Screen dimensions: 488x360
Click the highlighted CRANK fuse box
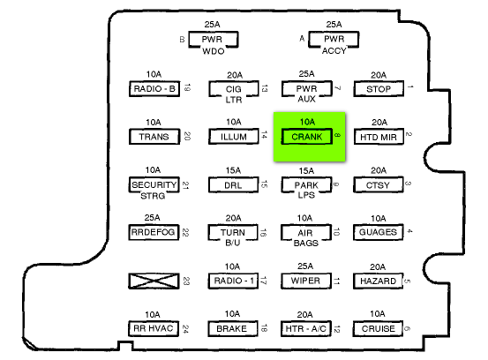click(306, 137)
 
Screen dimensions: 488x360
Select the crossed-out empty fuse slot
click(154, 281)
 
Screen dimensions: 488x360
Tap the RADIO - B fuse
click(154, 89)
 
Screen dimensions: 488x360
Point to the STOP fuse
click(379, 89)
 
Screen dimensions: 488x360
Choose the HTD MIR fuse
click(379, 137)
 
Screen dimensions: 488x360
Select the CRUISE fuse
click(378, 328)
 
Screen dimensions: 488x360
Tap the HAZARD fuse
click(379, 281)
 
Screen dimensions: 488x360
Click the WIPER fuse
click(306, 281)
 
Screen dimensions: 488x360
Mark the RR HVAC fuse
click(154, 328)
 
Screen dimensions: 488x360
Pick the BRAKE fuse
click(233, 328)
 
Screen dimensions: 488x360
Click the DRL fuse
click(234, 185)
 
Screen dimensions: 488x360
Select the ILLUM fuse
click(234, 137)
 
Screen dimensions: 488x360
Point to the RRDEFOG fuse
click(154, 232)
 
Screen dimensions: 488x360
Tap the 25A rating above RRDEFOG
click(152, 217)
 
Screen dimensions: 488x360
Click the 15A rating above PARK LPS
click(306, 170)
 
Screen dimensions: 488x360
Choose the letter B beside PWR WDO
click(182, 40)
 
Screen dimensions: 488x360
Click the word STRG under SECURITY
click(153, 196)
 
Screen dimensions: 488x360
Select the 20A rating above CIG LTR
click(235, 75)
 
